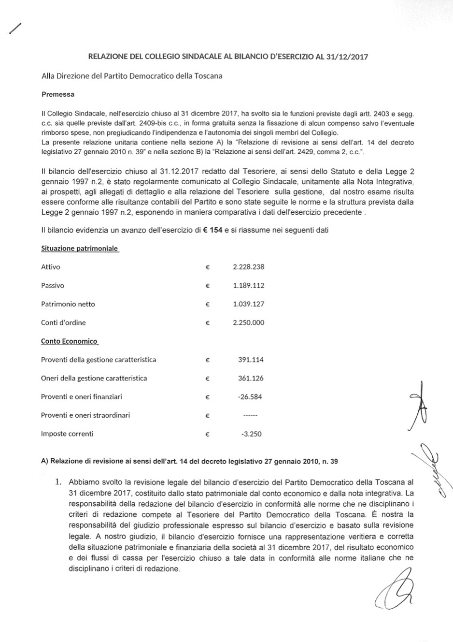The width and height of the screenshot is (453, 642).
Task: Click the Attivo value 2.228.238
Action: pos(248,267)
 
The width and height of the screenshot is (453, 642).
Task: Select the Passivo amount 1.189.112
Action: pos(248,285)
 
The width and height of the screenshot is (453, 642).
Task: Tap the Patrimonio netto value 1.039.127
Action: pos(248,304)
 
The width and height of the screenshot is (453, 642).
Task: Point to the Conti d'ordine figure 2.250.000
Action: pos(248,322)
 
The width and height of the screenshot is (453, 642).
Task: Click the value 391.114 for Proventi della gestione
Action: pos(251,360)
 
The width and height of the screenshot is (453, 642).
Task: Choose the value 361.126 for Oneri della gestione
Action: pos(251,378)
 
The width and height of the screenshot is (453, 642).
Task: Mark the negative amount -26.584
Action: pos(250,397)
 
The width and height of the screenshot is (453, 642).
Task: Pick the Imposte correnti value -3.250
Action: pos(251,434)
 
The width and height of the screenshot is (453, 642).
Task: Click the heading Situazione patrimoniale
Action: pos(80,248)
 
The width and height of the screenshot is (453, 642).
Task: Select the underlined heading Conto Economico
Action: pos(69,341)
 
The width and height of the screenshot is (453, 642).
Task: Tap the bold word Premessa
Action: pos(58,95)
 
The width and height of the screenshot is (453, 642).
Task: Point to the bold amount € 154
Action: pos(212,230)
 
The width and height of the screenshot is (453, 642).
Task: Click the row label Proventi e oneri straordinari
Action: pos(85,415)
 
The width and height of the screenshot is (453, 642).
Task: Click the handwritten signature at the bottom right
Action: pos(393,587)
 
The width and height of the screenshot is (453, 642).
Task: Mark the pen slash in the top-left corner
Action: pos(15,29)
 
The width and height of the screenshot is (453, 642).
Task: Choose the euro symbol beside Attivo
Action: pos(207,267)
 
